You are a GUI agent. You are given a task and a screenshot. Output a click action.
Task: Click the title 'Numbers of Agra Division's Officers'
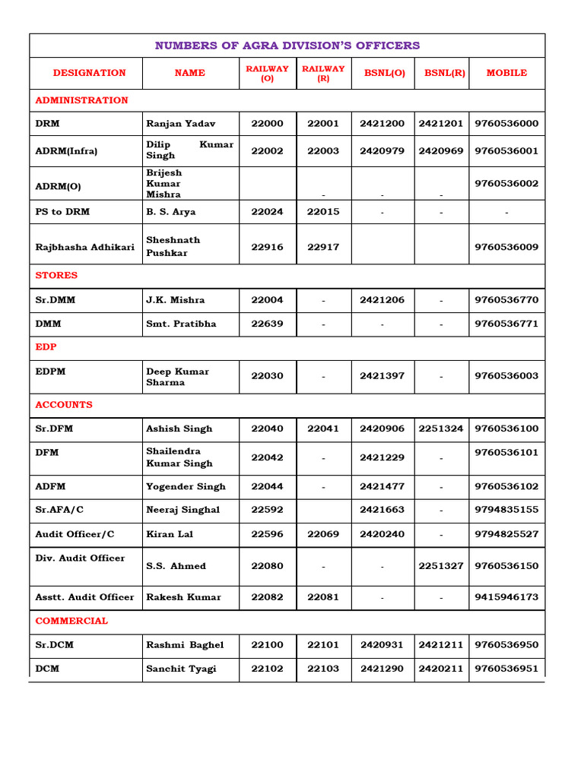(x=287, y=46)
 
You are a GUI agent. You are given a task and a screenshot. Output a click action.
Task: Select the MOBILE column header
(x=506, y=73)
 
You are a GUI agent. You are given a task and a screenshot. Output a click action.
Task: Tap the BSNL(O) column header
(x=382, y=73)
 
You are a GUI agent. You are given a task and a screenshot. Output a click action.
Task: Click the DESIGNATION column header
(x=89, y=73)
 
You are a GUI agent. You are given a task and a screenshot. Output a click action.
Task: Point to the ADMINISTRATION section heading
(x=81, y=100)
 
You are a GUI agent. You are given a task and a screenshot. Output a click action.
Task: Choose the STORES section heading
(x=56, y=275)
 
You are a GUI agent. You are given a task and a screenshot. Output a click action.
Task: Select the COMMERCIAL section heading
(x=71, y=621)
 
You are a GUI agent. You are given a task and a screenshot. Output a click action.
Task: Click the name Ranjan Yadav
(x=181, y=123)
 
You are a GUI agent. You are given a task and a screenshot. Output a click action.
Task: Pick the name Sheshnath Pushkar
(x=173, y=246)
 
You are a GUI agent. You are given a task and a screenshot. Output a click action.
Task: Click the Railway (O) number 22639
(x=267, y=324)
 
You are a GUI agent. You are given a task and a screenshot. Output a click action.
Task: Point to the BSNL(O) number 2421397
(x=382, y=376)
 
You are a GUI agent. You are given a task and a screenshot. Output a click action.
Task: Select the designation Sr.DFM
(x=54, y=429)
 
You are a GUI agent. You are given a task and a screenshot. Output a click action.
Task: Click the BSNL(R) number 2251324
(x=441, y=429)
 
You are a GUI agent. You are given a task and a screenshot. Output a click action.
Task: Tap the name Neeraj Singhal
(x=182, y=510)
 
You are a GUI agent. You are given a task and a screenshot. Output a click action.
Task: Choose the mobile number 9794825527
(x=506, y=534)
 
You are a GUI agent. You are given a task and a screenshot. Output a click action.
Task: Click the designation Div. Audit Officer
(x=80, y=558)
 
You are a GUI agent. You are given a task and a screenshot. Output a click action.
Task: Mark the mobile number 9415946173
(x=506, y=597)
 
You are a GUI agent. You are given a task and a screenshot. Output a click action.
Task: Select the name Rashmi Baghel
(x=185, y=645)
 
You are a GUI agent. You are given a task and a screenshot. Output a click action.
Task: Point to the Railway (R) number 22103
(x=323, y=669)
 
